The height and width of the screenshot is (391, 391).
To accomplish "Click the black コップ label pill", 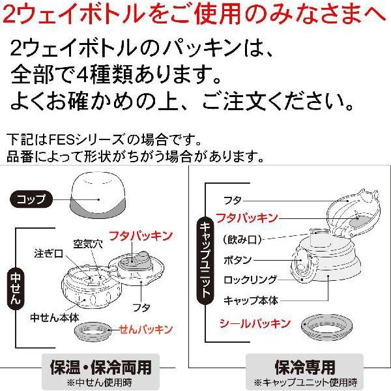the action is [x=31, y=199].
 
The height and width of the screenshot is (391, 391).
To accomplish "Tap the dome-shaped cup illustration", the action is [x=98, y=195].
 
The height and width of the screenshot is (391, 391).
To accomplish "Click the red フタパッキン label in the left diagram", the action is [x=141, y=236].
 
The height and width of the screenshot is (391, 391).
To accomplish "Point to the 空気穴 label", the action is [x=88, y=244].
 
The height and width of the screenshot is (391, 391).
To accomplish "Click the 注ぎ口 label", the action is [x=49, y=253].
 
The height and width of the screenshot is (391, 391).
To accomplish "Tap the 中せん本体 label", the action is [x=55, y=317].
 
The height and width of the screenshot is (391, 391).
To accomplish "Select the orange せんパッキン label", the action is [x=146, y=329].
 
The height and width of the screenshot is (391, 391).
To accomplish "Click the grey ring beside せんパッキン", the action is [x=93, y=331].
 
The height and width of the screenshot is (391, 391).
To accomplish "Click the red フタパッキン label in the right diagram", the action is [x=247, y=218].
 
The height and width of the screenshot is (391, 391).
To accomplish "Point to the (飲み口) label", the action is [x=242, y=240].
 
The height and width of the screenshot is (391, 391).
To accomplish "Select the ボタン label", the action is [x=237, y=260].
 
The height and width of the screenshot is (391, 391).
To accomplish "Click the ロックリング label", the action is [x=250, y=280].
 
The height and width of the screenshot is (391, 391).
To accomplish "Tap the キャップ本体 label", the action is [x=251, y=300].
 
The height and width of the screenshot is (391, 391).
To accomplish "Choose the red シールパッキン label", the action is [x=255, y=324].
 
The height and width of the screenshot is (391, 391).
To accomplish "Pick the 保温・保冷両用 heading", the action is [x=101, y=367].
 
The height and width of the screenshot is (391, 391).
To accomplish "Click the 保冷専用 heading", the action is [x=305, y=367].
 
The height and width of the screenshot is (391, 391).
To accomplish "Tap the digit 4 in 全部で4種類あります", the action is [x=82, y=74].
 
